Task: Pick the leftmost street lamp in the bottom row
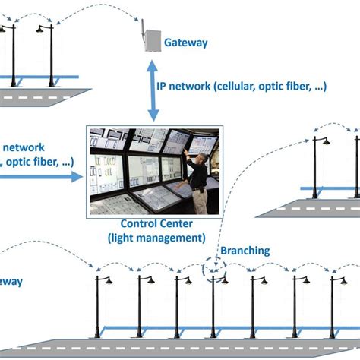click(x=99, y=304)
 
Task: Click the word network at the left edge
click(x=24, y=147)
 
